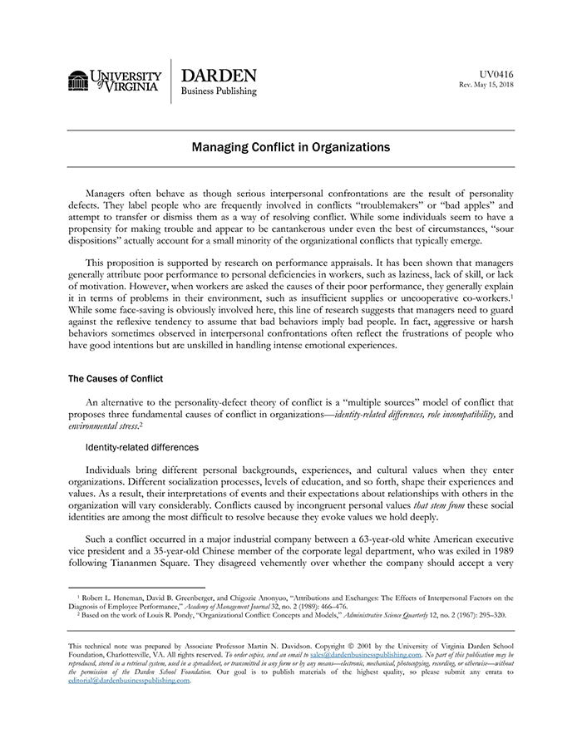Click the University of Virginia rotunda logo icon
pos(78,81)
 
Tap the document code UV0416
pos(496,74)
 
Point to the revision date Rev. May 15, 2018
pos(486,85)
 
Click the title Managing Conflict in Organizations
pos(291,147)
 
